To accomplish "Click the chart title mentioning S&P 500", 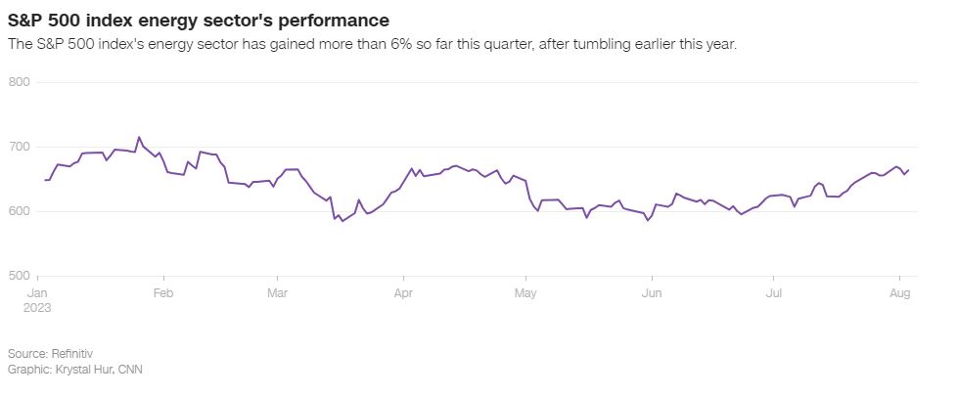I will (198, 20).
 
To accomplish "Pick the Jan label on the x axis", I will (38, 292).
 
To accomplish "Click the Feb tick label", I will (163, 292).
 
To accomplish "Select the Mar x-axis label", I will (277, 292).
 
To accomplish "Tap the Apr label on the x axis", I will (402, 292).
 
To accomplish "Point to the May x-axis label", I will (525, 292).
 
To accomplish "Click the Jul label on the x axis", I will (773, 292).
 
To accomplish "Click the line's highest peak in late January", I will (138, 137).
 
